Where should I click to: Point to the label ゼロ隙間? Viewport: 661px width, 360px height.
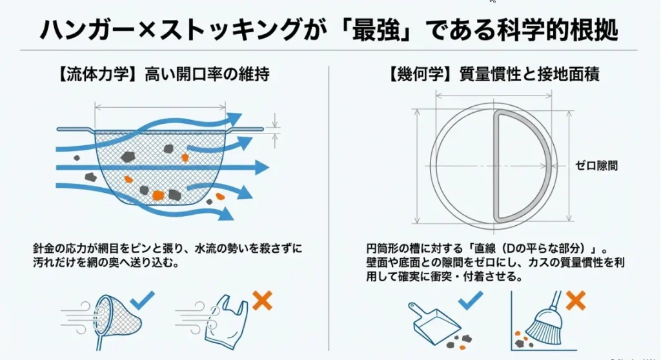pos(596,166)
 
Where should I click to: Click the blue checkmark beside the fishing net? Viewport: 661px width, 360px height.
pos(143,301)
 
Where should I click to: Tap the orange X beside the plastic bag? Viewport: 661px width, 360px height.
pos(262,301)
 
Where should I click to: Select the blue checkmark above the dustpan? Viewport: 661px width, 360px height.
pos(470,301)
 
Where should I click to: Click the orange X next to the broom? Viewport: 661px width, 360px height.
pos(575,301)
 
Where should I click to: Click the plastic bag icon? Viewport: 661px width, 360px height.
pos(225,322)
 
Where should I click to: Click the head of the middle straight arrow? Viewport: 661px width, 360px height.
pos(261,167)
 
